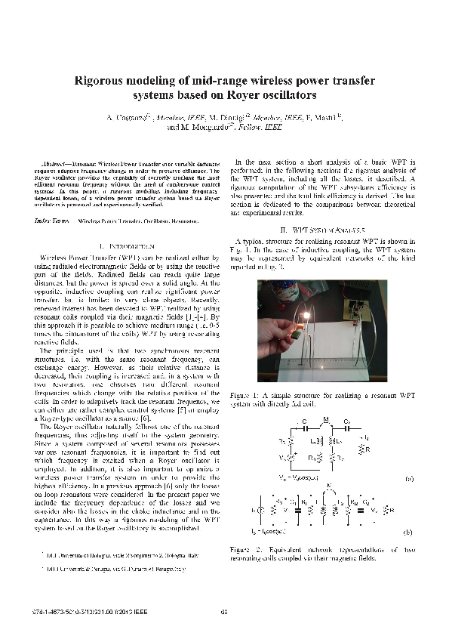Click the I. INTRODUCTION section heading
tap(127, 247)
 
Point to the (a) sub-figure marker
tap(408, 479)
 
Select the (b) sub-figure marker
tap(408, 533)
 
